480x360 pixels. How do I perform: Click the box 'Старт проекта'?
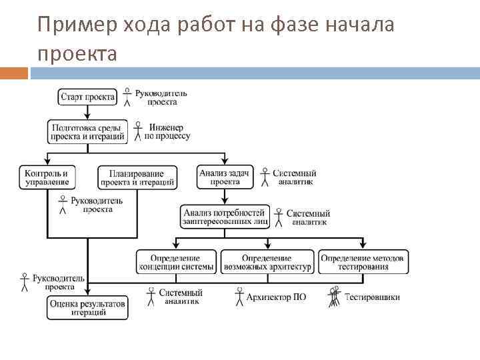click(87, 97)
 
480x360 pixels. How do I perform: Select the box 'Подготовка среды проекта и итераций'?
click(87, 131)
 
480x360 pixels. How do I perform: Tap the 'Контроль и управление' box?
click(47, 177)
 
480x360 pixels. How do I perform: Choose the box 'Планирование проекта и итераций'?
click(138, 177)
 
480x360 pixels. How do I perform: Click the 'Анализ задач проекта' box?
click(225, 177)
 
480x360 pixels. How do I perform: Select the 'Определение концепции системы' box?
click(177, 262)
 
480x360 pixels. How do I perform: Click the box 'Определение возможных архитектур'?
click(267, 262)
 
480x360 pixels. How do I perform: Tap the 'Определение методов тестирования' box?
click(363, 262)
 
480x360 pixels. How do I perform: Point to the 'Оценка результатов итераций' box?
click(87, 307)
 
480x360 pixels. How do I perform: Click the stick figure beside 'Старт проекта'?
click(127, 97)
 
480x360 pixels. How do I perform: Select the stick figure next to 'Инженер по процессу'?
click(138, 130)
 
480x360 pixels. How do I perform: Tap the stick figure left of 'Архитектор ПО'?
click(239, 296)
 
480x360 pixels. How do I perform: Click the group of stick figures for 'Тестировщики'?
click(333, 296)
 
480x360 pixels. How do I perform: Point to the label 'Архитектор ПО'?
click(276, 297)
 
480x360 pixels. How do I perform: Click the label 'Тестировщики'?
click(372, 297)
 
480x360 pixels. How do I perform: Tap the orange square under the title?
click(14, 73)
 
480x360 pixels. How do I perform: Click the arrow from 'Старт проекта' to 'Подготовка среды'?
click(87, 113)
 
